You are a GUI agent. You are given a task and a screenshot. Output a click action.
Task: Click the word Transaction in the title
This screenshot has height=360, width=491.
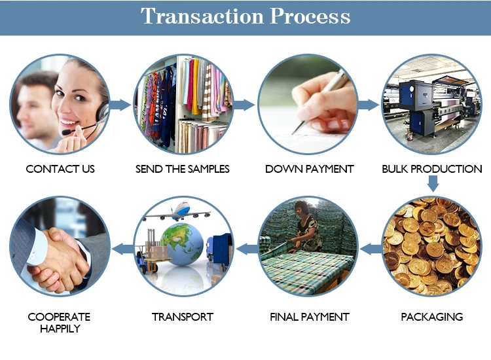[202, 16]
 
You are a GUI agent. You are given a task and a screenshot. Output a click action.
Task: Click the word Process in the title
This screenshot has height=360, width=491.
[310, 16]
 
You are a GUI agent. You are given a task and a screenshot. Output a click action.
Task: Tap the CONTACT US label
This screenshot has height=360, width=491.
[60, 169]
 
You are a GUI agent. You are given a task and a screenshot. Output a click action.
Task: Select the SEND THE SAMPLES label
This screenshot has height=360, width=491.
[183, 169]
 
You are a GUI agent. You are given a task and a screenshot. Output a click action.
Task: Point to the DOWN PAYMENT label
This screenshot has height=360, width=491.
[310, 169]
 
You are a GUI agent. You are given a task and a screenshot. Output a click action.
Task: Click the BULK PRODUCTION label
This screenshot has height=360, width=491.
[432, 169]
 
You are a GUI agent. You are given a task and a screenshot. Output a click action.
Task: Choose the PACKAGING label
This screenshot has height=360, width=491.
[432, 317]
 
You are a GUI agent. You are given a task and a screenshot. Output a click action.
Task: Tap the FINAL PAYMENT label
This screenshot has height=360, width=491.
[310, 317]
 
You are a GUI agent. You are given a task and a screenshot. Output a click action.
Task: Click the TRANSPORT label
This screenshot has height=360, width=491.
[183, 317]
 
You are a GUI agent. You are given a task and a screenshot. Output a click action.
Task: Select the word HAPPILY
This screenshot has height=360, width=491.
[60, 329]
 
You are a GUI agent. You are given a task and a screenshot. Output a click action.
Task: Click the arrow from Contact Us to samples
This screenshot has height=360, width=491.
[120, 105]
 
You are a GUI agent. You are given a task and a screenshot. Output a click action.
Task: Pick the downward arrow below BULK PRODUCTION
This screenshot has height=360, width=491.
[433, 183]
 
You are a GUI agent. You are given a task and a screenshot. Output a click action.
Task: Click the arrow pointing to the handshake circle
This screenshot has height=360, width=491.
[123, 249]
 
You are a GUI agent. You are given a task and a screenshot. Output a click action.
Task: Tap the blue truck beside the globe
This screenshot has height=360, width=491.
[219, 252]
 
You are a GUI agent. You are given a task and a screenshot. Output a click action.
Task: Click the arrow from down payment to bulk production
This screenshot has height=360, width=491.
[369, 105]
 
